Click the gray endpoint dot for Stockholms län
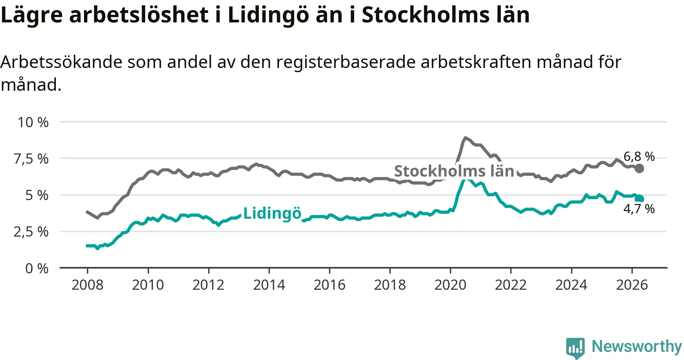pos(640,168)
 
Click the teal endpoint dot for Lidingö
pos(640,198)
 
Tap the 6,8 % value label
pos(639,156)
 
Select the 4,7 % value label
pos(639,209)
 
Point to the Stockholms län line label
pos(454,171)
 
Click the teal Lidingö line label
pos(272,213)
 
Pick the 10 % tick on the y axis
pos(33,122)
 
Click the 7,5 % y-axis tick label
pos(31,159)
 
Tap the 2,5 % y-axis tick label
pos(31,232)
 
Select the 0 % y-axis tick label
pos(37,268)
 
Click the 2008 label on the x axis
pos(87,285)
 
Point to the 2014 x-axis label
pos(269,285)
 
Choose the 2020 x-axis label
pos(450,285)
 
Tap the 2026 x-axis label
pos(632,285)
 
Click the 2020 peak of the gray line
pos(465,138)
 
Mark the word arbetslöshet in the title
pos(139,15)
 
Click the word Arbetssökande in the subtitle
pos(61,62)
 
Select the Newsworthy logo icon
pos(575,348)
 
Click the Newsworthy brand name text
pos(637,346)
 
